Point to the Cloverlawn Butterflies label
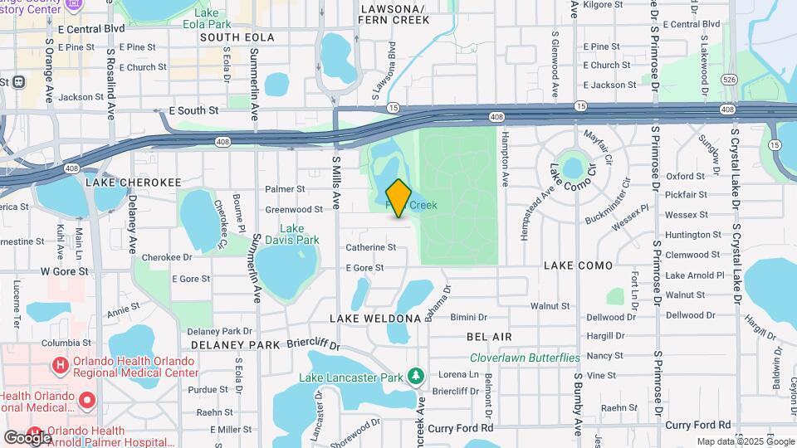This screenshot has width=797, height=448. click(525, 358)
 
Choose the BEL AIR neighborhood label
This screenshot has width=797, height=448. click(489, 337)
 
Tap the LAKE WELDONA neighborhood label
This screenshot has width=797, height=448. click(375, 319)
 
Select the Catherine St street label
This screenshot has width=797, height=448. click(370, 247)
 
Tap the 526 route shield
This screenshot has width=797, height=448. click(729, 80)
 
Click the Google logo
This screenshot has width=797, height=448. click(27, 436)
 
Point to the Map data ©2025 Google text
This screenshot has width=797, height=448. click(746, 441)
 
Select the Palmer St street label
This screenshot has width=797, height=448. click(280, 189)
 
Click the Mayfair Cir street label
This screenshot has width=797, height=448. click(598, 147)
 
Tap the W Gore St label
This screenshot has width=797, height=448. click(65, 271)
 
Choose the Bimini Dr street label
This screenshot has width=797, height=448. click(468, 317)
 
